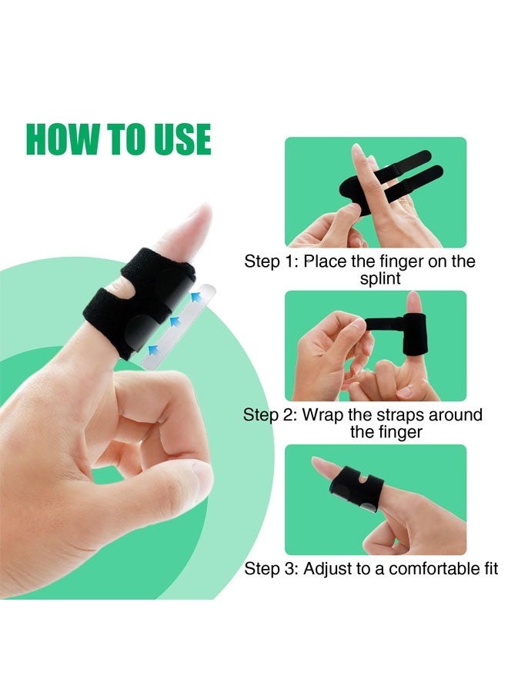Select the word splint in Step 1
coord(380,278)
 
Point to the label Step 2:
coord(270,415)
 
